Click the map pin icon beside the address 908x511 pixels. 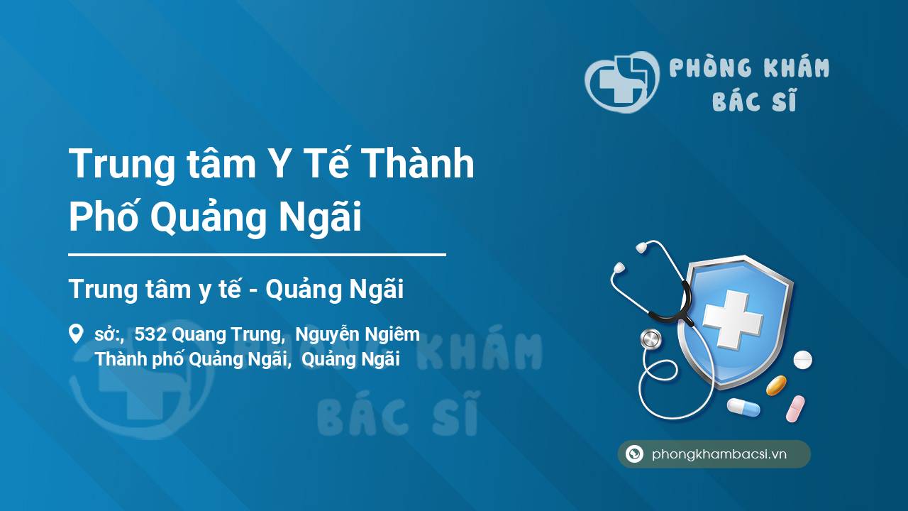point(76,334)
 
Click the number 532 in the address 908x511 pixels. point(150,334)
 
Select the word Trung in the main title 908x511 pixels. point(121,164)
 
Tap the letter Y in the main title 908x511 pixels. point(279,163)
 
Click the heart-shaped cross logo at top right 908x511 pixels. point(621,82)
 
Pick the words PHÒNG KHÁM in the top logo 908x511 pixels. point(749,67)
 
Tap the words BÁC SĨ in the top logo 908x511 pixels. point(754,100)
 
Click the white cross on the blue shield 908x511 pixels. point(733,319)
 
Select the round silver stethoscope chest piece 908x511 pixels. point(650,339)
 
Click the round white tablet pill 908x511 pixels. point(802,360)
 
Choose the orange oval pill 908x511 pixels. point(776,385)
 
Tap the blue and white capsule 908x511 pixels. point(743,407)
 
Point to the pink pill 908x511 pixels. point(795,408)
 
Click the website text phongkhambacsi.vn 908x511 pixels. point(719,454)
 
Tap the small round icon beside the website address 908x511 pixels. point(634,454)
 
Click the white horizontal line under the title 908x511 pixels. point(257,255)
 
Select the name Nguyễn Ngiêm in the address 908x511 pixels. point(358,334)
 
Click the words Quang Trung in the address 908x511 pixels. point(226,335)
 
